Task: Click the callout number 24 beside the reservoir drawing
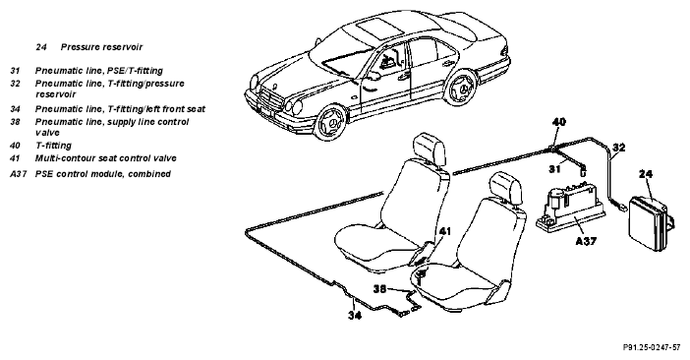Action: (x=646, y=174)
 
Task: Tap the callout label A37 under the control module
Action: (x=586, y=241)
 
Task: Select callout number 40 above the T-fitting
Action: (x=558, y=122)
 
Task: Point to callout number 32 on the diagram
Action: (x=618, y=148)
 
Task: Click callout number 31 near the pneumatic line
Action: (x=555, y=168)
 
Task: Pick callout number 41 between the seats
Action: (x=445, y=231)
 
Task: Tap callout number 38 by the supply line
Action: (x=380, y=289)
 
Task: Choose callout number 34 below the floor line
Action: (x=355, y=315)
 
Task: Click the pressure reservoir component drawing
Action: (x=651, y=223)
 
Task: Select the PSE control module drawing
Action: (x=570, y=207)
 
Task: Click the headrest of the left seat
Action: (x=430, y=150)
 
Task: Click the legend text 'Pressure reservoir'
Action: (x=101, y=46)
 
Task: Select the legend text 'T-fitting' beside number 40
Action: (x=53, y=146)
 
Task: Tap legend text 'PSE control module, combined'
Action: (x=103, y=174)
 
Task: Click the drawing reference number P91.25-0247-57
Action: (x=652, y=347)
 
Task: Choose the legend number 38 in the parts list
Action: (x=16, y=122)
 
